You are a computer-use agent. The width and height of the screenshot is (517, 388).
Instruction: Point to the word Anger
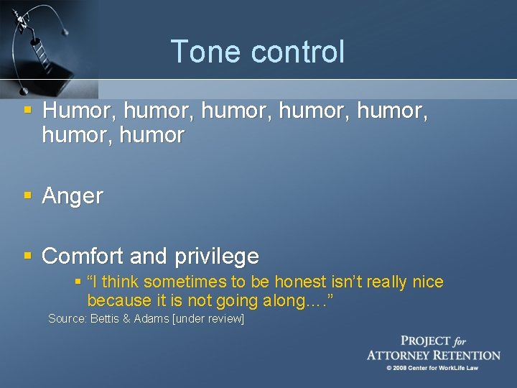coord(73,195)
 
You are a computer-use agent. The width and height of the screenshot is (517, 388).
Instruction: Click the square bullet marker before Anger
coord(27,195)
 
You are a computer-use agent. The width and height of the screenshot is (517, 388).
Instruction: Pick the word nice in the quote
coord(428,282)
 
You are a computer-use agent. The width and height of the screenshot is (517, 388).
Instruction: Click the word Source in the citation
coord(67,318)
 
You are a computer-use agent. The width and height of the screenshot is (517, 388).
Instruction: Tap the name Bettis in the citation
coord(106,318)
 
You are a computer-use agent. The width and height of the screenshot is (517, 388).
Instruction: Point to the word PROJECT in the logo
coord(426,341)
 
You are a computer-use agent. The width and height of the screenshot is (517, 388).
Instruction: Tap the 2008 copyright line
coord(433,368)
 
